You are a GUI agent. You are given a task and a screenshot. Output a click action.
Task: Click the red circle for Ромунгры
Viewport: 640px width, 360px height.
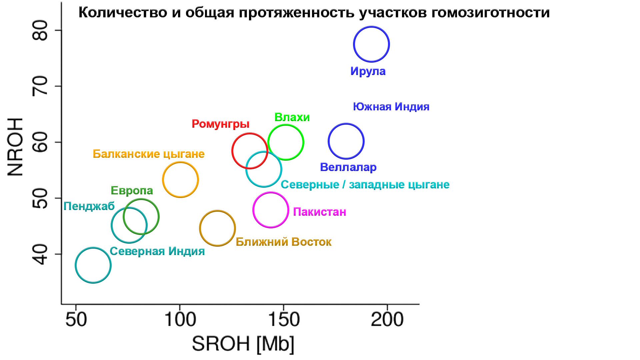pyautogui.click(x=250, y=151)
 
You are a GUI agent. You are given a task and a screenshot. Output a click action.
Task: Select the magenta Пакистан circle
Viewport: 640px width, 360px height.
pyautogui.click(x=271, y=210)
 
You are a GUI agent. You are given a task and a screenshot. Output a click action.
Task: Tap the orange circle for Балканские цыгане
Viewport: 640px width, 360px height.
pyautogui.click(x=180, y=180)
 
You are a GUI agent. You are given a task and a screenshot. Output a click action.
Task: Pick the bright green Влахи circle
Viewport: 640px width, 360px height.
pyautogui.click(x=286, y=142)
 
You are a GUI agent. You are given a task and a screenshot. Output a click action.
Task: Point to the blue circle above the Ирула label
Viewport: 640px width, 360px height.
pyautogui.click(x=371, y=44)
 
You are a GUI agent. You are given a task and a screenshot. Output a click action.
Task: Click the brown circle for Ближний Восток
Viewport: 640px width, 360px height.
pyautogui.click(x=217, y=228)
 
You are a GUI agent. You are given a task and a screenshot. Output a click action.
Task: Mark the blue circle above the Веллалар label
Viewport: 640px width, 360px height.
pyautogui.click(x=346, y=141)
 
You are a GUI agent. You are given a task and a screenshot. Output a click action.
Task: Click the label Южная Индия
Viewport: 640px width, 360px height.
pyautogui.click(x=391, y=107)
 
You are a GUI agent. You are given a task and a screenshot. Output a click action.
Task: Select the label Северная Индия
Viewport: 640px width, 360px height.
pyautogui.click(x=157, y=251)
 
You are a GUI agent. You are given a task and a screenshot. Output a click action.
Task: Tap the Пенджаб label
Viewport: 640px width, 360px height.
pyautogui.click(x=89, y=206)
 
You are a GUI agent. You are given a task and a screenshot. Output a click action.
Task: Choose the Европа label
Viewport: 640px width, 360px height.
pyautogui.click(x=132, y=191)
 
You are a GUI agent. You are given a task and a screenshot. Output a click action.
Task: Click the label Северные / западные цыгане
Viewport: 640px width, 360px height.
pyautogui.click(x=365, y=185)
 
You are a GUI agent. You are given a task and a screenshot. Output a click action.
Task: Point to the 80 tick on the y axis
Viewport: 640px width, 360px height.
pyautogui.click(x=40, y=30)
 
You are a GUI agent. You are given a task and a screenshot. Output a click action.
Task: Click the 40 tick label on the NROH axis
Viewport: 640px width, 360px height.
pyautogui.click(x=40, y=254)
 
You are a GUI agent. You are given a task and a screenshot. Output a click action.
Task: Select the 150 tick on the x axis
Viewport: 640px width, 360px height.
pyautogui.click(x=284, y=319)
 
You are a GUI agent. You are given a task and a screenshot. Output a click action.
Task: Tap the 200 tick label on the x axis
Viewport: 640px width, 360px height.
pyautogui.click(x=387, y=319)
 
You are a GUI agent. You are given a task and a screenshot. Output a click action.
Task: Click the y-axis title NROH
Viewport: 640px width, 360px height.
pyautogui.click(x=15, y=147)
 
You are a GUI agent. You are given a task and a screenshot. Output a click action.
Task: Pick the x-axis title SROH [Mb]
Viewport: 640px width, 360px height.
pyautogui.click(x=243, y=344)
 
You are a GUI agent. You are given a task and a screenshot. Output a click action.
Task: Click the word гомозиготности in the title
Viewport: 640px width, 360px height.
pyautogui.click(x=490, y=13)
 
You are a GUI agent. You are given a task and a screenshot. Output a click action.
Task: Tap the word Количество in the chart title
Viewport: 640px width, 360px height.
pyautogui.click(x=123, y=13)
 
